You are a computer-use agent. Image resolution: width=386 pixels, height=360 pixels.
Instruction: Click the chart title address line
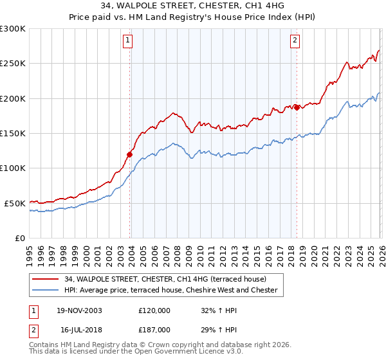click(x=193, y=6)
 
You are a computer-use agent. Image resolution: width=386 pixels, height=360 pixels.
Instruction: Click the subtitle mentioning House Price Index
click(x=193, y=17)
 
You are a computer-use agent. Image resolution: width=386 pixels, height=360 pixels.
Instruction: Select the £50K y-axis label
click(x=15, y=203)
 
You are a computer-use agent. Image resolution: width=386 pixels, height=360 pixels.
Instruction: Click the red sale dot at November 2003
click(x=130, y=154)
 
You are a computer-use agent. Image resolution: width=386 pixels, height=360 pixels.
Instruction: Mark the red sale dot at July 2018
click(x=297, y=107)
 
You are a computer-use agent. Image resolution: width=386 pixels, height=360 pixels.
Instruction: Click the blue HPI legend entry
click(x=170, y=290)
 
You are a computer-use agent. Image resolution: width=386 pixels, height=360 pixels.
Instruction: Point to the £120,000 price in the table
click(x=154, y=310)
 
